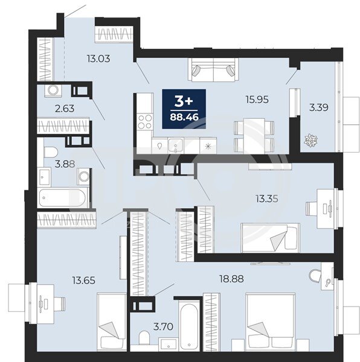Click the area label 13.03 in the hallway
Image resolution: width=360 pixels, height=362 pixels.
click(x=98, y=59)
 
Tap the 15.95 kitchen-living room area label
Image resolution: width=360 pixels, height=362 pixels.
click(x=257, y=100)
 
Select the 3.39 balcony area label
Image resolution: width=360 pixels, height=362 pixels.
click(x=319, y=107)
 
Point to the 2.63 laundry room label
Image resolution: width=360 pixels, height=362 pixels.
click(x=65, y=108)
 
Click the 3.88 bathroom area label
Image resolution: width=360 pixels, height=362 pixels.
click(x=65, y=164)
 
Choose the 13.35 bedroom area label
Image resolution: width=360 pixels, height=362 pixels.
click(x=266, y=198)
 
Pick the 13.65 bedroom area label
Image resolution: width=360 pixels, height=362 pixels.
click(x=83, y=281)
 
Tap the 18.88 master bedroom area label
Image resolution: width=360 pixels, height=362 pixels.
click(x=231, y=279)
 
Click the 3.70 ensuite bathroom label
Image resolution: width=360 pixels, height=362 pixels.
click(x=163, y=326)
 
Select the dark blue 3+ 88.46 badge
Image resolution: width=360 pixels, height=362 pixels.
click(x=184, y=109)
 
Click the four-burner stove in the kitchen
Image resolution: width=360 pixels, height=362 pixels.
click(x=144, y=122)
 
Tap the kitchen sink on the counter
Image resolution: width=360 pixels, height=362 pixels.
click(x=176, y=145)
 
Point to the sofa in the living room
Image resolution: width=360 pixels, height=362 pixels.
click(x=213, y=69)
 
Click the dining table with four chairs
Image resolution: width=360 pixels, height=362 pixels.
click(x=254, y=136)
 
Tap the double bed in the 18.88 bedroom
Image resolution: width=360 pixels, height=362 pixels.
click(x=271, y=322)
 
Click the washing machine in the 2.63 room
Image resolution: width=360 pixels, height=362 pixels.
click(x=54, y=91)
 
